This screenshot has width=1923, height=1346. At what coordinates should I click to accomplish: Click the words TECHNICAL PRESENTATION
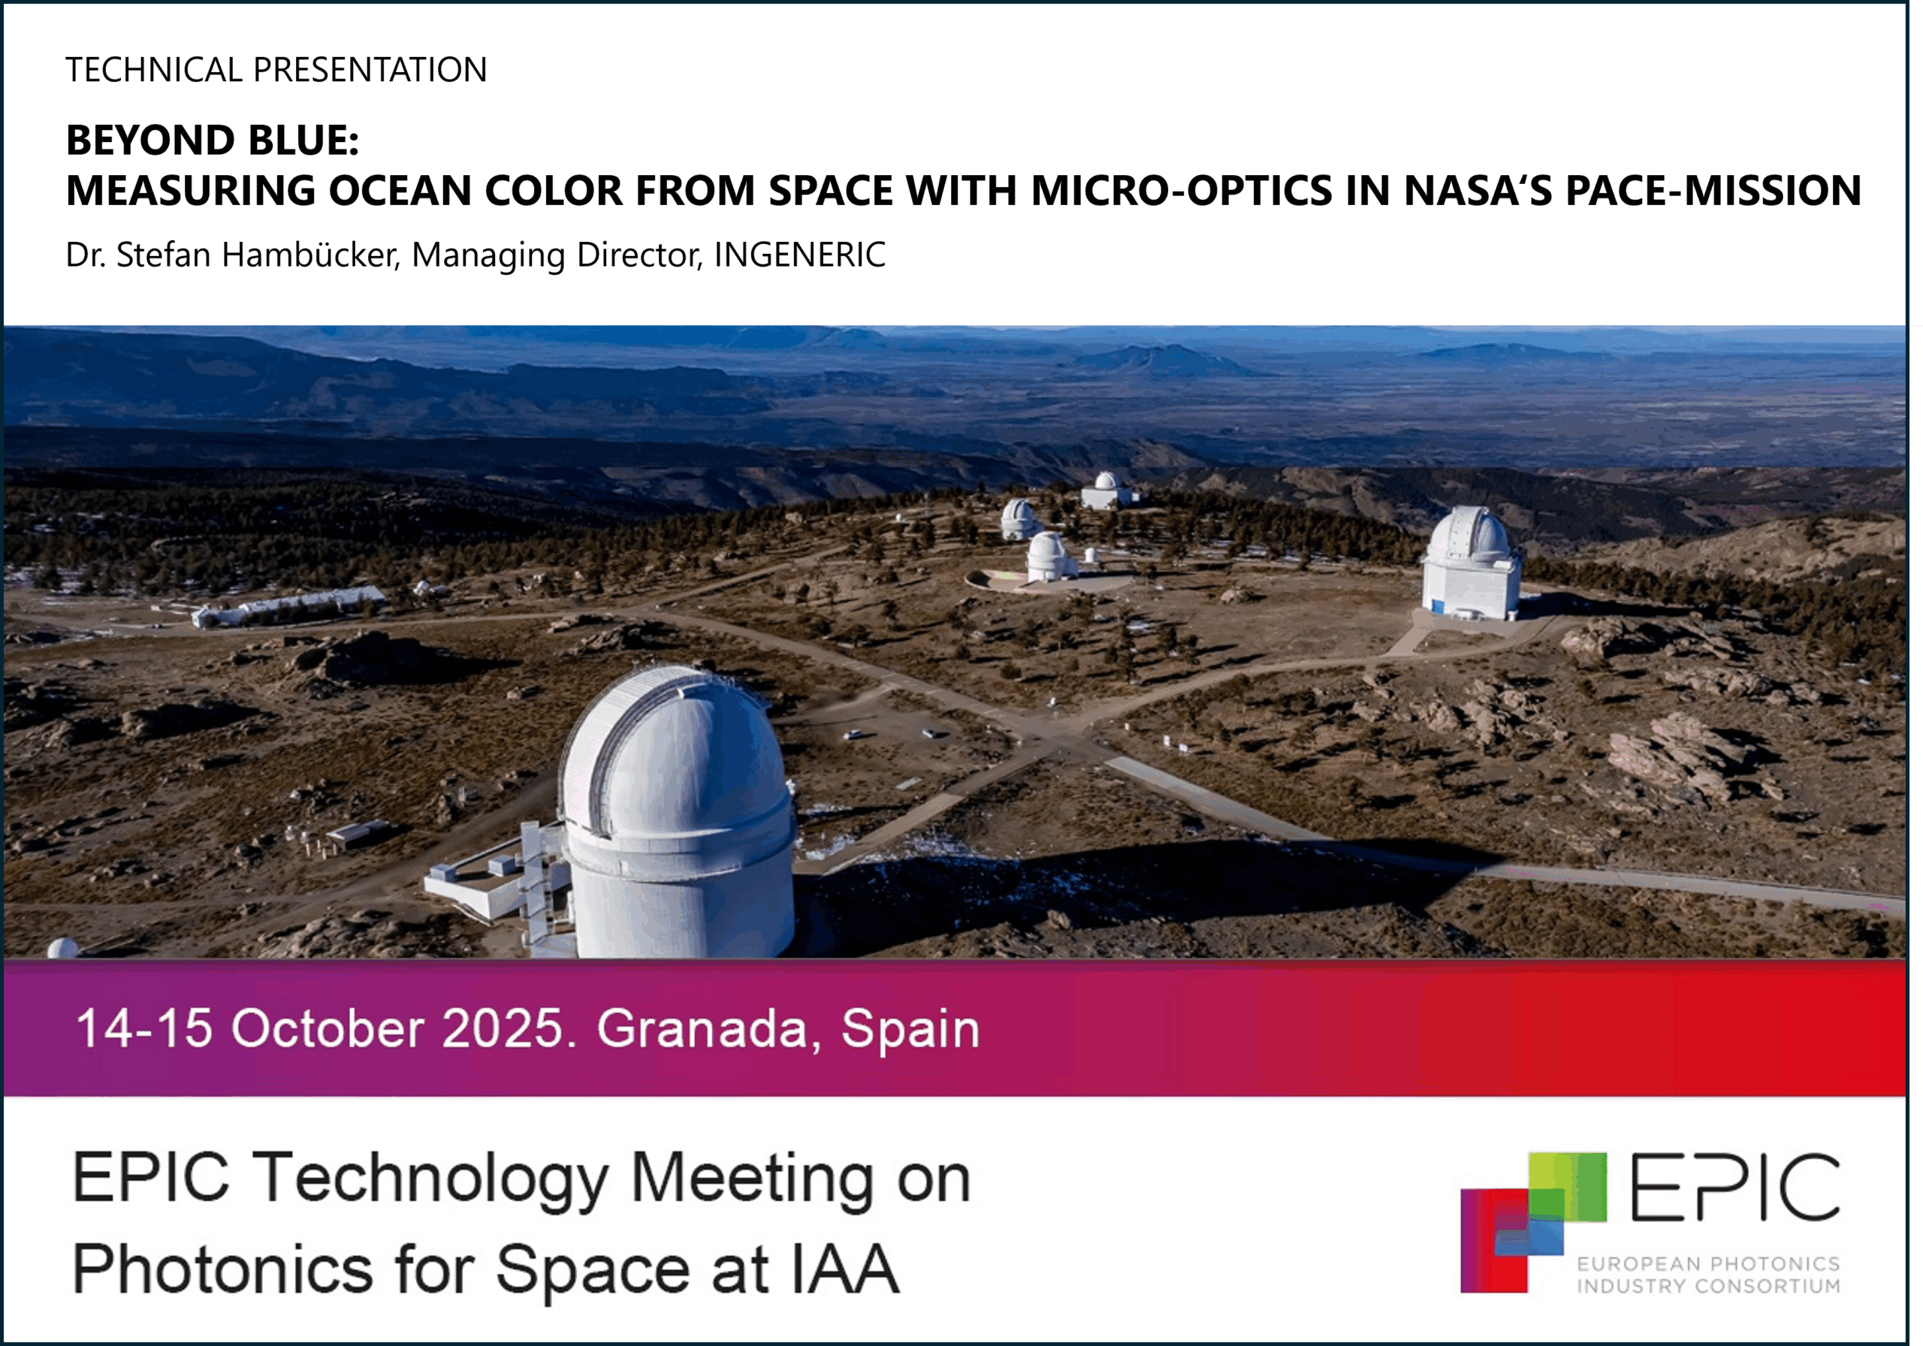coord(276,70)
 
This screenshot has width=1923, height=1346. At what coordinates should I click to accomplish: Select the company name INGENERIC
coord(800,255)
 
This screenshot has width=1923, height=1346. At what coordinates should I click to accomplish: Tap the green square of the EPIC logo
coord(1567,1188)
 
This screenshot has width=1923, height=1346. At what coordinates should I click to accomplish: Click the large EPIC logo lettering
coord(1735,1186)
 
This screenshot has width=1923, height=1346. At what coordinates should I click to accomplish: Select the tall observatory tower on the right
coord(1472,563)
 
